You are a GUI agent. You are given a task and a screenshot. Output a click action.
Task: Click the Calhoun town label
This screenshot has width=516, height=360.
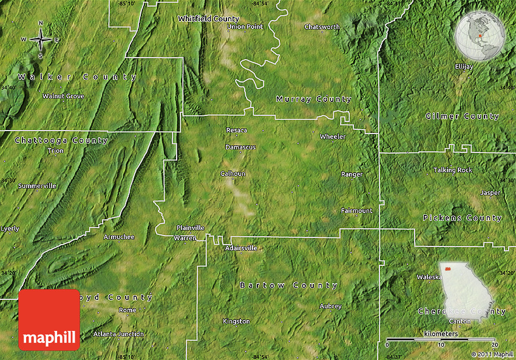(x=233, y=174)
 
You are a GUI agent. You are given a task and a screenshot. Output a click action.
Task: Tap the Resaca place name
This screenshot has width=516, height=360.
(x=236, y=130)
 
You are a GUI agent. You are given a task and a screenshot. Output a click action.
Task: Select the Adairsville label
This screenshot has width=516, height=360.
(x=241, y=248)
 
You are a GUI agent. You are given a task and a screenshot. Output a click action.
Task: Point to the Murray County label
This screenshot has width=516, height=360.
(x=313, y=99)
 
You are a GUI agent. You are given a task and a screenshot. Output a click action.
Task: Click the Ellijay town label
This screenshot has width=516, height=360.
(x=464, y=66)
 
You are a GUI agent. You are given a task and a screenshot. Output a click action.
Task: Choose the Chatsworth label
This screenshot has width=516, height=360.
(x=322, y=27)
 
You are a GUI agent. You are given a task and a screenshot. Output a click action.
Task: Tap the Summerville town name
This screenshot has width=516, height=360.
(x=37, y=185)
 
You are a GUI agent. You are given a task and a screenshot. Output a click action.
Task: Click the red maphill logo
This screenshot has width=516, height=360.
(x=49, y=320)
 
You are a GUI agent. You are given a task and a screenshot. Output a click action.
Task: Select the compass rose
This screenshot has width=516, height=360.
(x=41, y=39)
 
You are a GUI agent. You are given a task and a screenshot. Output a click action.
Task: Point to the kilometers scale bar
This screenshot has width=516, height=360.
(x=441, y=339)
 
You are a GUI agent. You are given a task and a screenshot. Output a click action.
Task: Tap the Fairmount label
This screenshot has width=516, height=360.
(x=356, y=211)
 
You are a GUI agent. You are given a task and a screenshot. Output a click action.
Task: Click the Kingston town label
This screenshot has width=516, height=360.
(x=236, y=321)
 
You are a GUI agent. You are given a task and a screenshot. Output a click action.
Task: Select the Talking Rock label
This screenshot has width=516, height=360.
(x=452, y=170)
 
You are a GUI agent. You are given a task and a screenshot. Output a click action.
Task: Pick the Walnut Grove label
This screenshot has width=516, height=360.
(x=63, y=96)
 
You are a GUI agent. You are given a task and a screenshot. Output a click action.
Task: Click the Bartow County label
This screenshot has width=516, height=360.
(x=288, y=285)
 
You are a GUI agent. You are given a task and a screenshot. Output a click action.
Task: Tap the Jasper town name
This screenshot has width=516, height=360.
(x=491, y=193)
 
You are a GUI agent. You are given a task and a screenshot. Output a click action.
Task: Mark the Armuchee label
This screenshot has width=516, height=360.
(x=119, y=237)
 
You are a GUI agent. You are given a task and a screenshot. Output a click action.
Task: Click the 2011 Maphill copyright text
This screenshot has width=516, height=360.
(x=492, y=354)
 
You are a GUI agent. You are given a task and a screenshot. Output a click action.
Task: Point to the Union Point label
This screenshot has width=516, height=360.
(x=245, y=27)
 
